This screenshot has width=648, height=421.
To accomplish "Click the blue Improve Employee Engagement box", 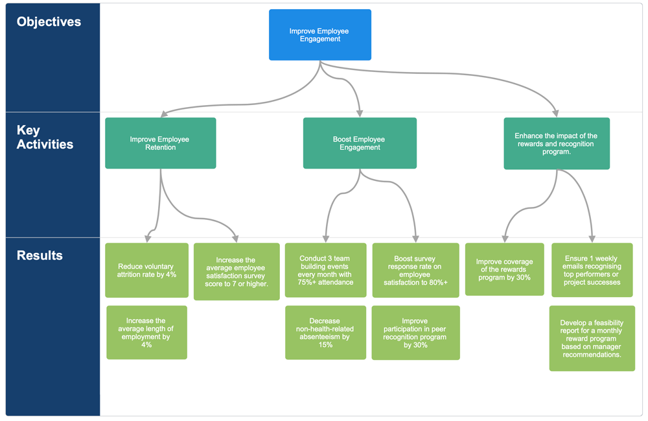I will (x=320, y=35).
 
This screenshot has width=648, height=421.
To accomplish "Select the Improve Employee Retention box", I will (x=160, y=143).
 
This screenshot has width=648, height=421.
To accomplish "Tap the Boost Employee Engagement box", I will (x=360, y=143).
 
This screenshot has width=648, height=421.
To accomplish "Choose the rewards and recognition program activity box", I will (x=557, y=143).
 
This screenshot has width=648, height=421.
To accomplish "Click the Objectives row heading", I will (x=49, y=22).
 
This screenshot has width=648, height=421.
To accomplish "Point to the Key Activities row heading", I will (x=45, y=138).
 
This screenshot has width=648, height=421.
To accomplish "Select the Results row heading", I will (x=40, y=255).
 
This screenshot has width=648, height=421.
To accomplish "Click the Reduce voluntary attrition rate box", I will (x=146, y=270).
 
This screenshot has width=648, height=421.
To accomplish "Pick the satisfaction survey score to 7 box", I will (x=237, y=272).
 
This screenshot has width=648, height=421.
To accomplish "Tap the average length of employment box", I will (x=146, y=333).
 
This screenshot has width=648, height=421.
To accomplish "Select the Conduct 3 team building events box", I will (x=325, y=270).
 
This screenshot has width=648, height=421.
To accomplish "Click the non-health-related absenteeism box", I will (x=325, y=333).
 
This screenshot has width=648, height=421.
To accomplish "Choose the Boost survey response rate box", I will (x=415, y=270).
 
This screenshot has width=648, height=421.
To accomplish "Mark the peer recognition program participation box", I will (x=415, y=333).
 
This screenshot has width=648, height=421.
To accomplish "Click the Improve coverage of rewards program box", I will (x=504, y=269).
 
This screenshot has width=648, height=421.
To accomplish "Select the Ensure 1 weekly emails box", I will (x=592, y=270).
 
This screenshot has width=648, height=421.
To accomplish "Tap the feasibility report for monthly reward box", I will (x=592, y=338).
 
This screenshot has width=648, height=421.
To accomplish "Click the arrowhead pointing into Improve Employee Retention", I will (x=164, y=114).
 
